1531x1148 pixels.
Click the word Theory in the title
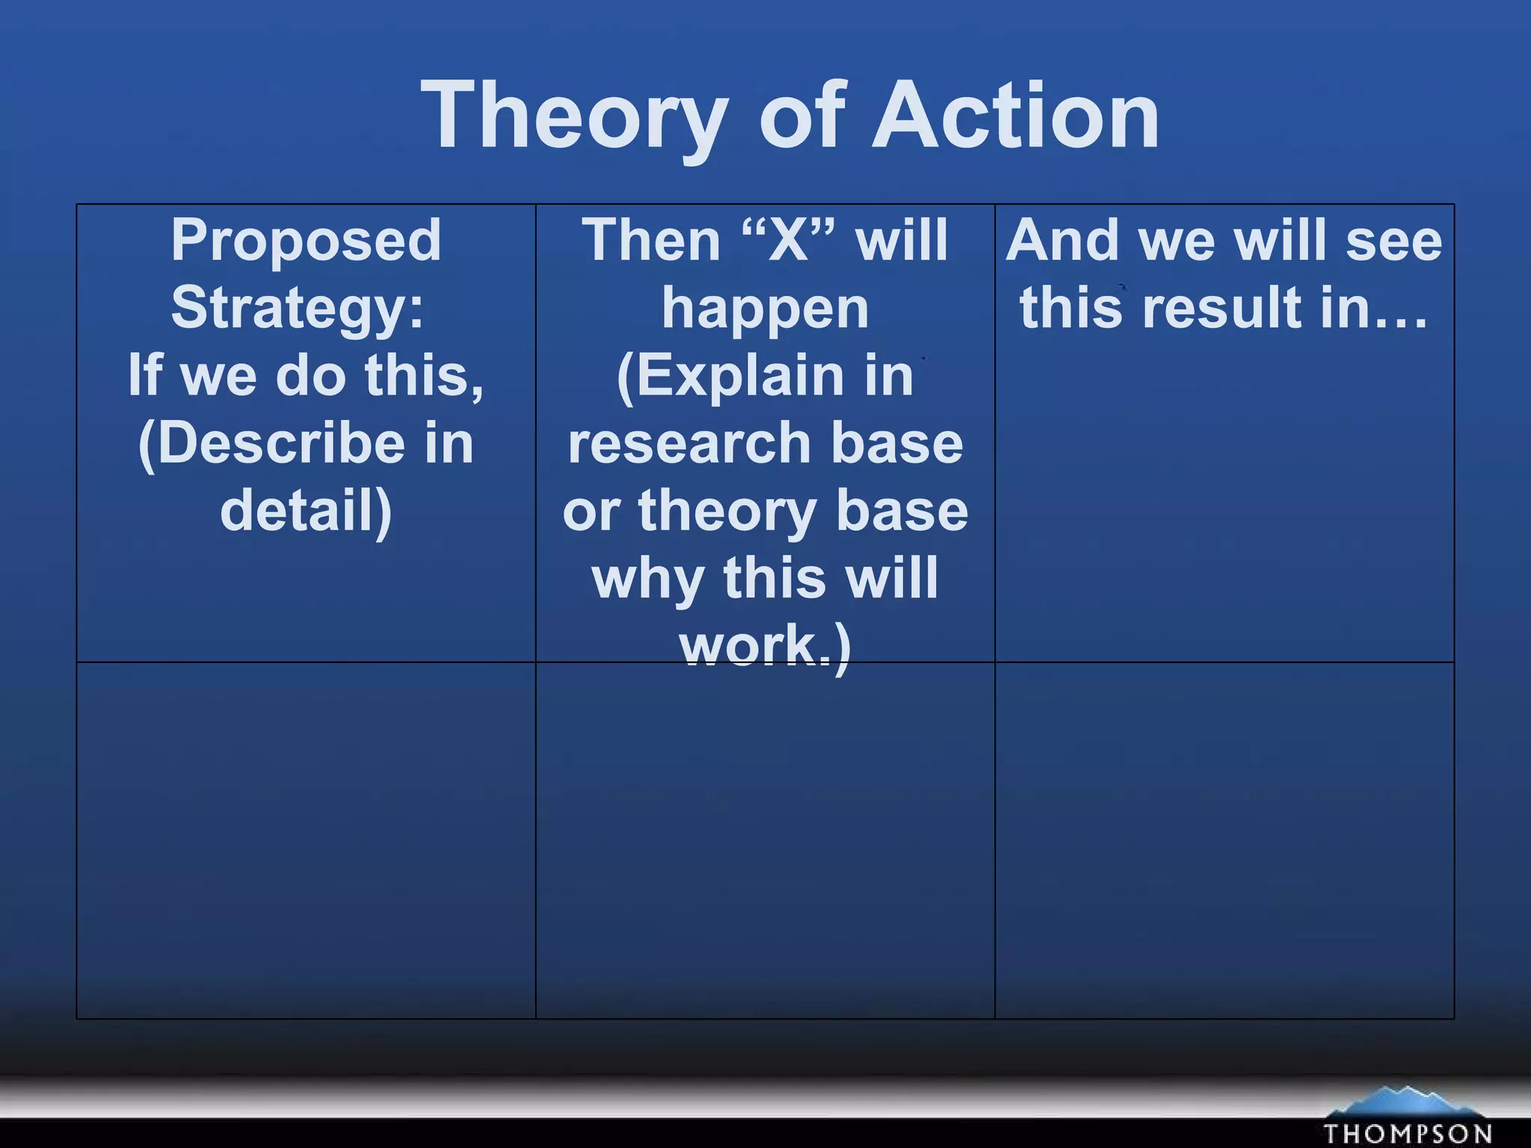pyautogui.click(x=574, y=116)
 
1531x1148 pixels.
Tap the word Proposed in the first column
pyautogui.click(x=306, y=241)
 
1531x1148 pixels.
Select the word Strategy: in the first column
pyautogui.click(x=298, y=308)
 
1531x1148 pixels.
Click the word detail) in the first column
pyautogui.click(x=306, y=511)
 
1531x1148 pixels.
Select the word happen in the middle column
pyautogui.click(x=765, y=308)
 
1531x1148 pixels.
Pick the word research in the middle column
pyautogui.click(x=688, y=444)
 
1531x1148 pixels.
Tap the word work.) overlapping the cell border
pyautogui.click(x=765, y=646)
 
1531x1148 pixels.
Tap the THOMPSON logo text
pyautogui.click(x=1407, y=1132)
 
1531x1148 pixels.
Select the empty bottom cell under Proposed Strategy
pyautogui.click(x=306, y=840)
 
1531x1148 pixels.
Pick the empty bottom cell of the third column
pyautogui.click(x=1224, y=840)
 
